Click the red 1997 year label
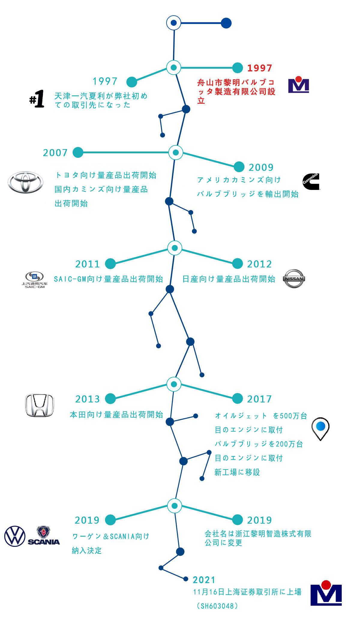pos(259,68)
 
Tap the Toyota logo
pos(25,182)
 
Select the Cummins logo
pos(311,181)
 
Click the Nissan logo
pos(294,278)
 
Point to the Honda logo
pos(40,405)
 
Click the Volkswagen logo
pos(15,536)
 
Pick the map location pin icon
pos(320,428)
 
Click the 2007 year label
pos(55,153)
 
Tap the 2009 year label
pos(261,167)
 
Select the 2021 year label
pos(204,580)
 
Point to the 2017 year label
pos(259,399)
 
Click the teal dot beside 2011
pos(110,264)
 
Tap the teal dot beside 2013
pos(110,398)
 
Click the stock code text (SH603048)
pos(217,606)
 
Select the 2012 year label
pos(259,264)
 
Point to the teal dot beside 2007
pos(78,152)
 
